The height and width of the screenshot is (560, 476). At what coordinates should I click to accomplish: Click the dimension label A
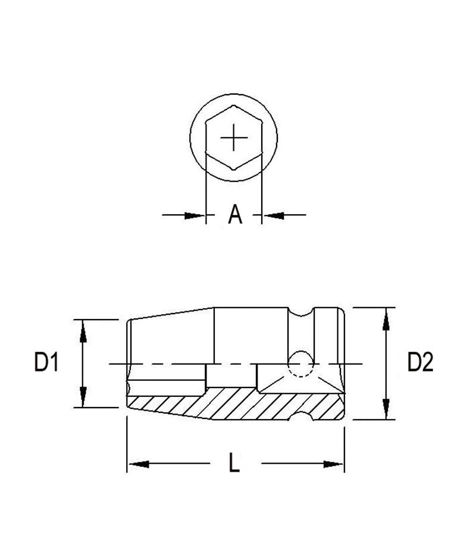click(236, 215)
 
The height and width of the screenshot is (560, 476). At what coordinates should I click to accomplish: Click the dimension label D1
click(46, 362)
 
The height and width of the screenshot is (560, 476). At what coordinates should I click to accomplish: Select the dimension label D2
click(420, 362)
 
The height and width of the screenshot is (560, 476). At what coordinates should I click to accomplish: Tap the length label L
click(234, 463)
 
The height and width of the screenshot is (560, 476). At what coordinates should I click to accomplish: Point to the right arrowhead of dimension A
click(273, 215)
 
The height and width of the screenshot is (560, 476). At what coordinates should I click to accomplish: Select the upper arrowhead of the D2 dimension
click(386, 318)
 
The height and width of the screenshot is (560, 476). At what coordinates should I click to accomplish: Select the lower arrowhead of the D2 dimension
click(386, 409)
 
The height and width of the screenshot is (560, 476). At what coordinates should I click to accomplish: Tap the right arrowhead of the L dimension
click(333, 463)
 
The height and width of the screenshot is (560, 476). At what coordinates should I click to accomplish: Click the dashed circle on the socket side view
click(299, 364)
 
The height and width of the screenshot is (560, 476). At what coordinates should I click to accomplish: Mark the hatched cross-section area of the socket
click(238, 405)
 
